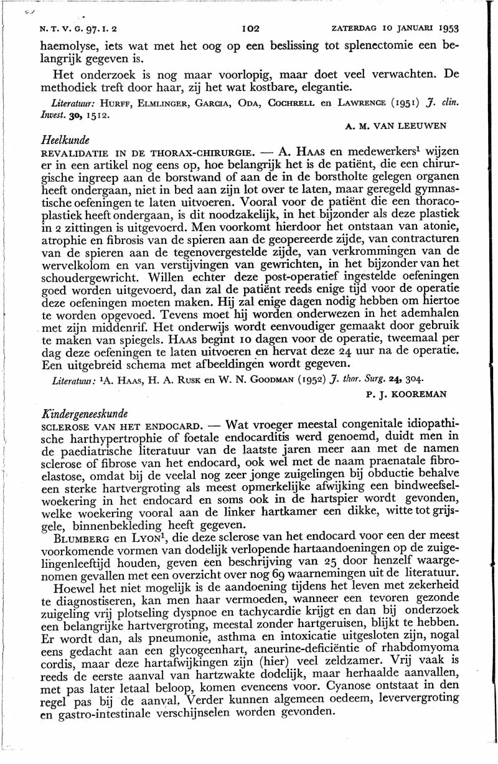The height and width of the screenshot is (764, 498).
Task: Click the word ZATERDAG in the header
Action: [x=352, y=29]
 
